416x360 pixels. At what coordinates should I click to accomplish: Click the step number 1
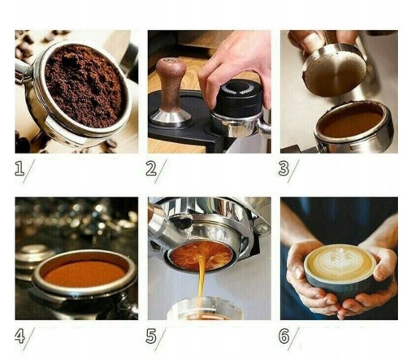(19, 168)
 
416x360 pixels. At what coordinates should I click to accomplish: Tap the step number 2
(151, 168)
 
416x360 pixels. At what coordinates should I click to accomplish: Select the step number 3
(284, 168)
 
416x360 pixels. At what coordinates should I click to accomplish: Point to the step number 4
(19, 336)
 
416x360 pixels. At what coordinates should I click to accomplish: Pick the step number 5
(151, 336)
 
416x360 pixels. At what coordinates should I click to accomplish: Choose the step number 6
(284, 336)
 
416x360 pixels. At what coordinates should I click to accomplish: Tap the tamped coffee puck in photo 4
(84, 273)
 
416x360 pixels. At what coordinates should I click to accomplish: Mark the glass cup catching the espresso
(205, 308)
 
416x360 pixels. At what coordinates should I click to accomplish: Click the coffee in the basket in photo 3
(352, 124)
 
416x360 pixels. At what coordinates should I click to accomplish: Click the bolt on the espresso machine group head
(261, 230)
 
